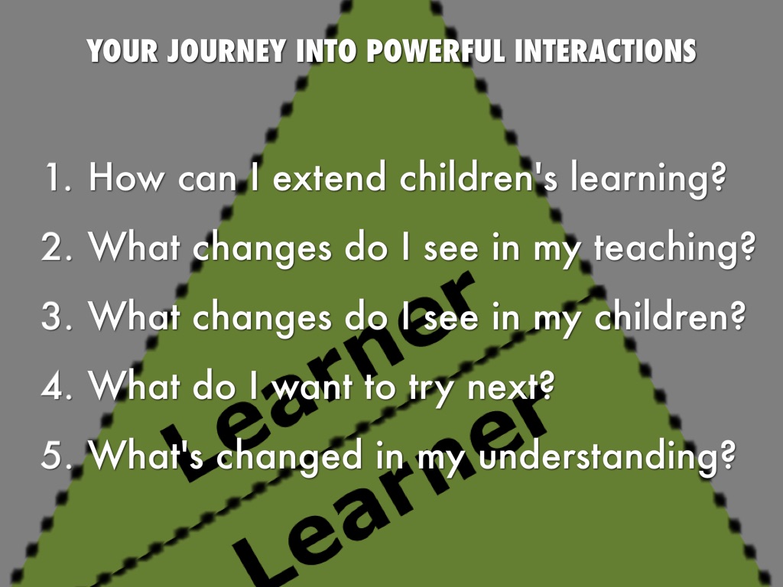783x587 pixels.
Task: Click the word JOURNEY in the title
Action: point(226,51)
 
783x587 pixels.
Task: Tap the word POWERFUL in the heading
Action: point(435,51)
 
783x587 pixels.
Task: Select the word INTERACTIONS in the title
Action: point(606,51)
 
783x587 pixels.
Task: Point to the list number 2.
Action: point(57,247)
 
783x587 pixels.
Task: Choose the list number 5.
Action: point(57,455)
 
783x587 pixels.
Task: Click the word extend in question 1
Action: point(330,177)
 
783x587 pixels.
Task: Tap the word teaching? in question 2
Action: point(674,249)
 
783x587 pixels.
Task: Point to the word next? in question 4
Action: point(511,386)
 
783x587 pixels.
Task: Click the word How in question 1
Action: point(126,177)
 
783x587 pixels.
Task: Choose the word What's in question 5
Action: point(146,455)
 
